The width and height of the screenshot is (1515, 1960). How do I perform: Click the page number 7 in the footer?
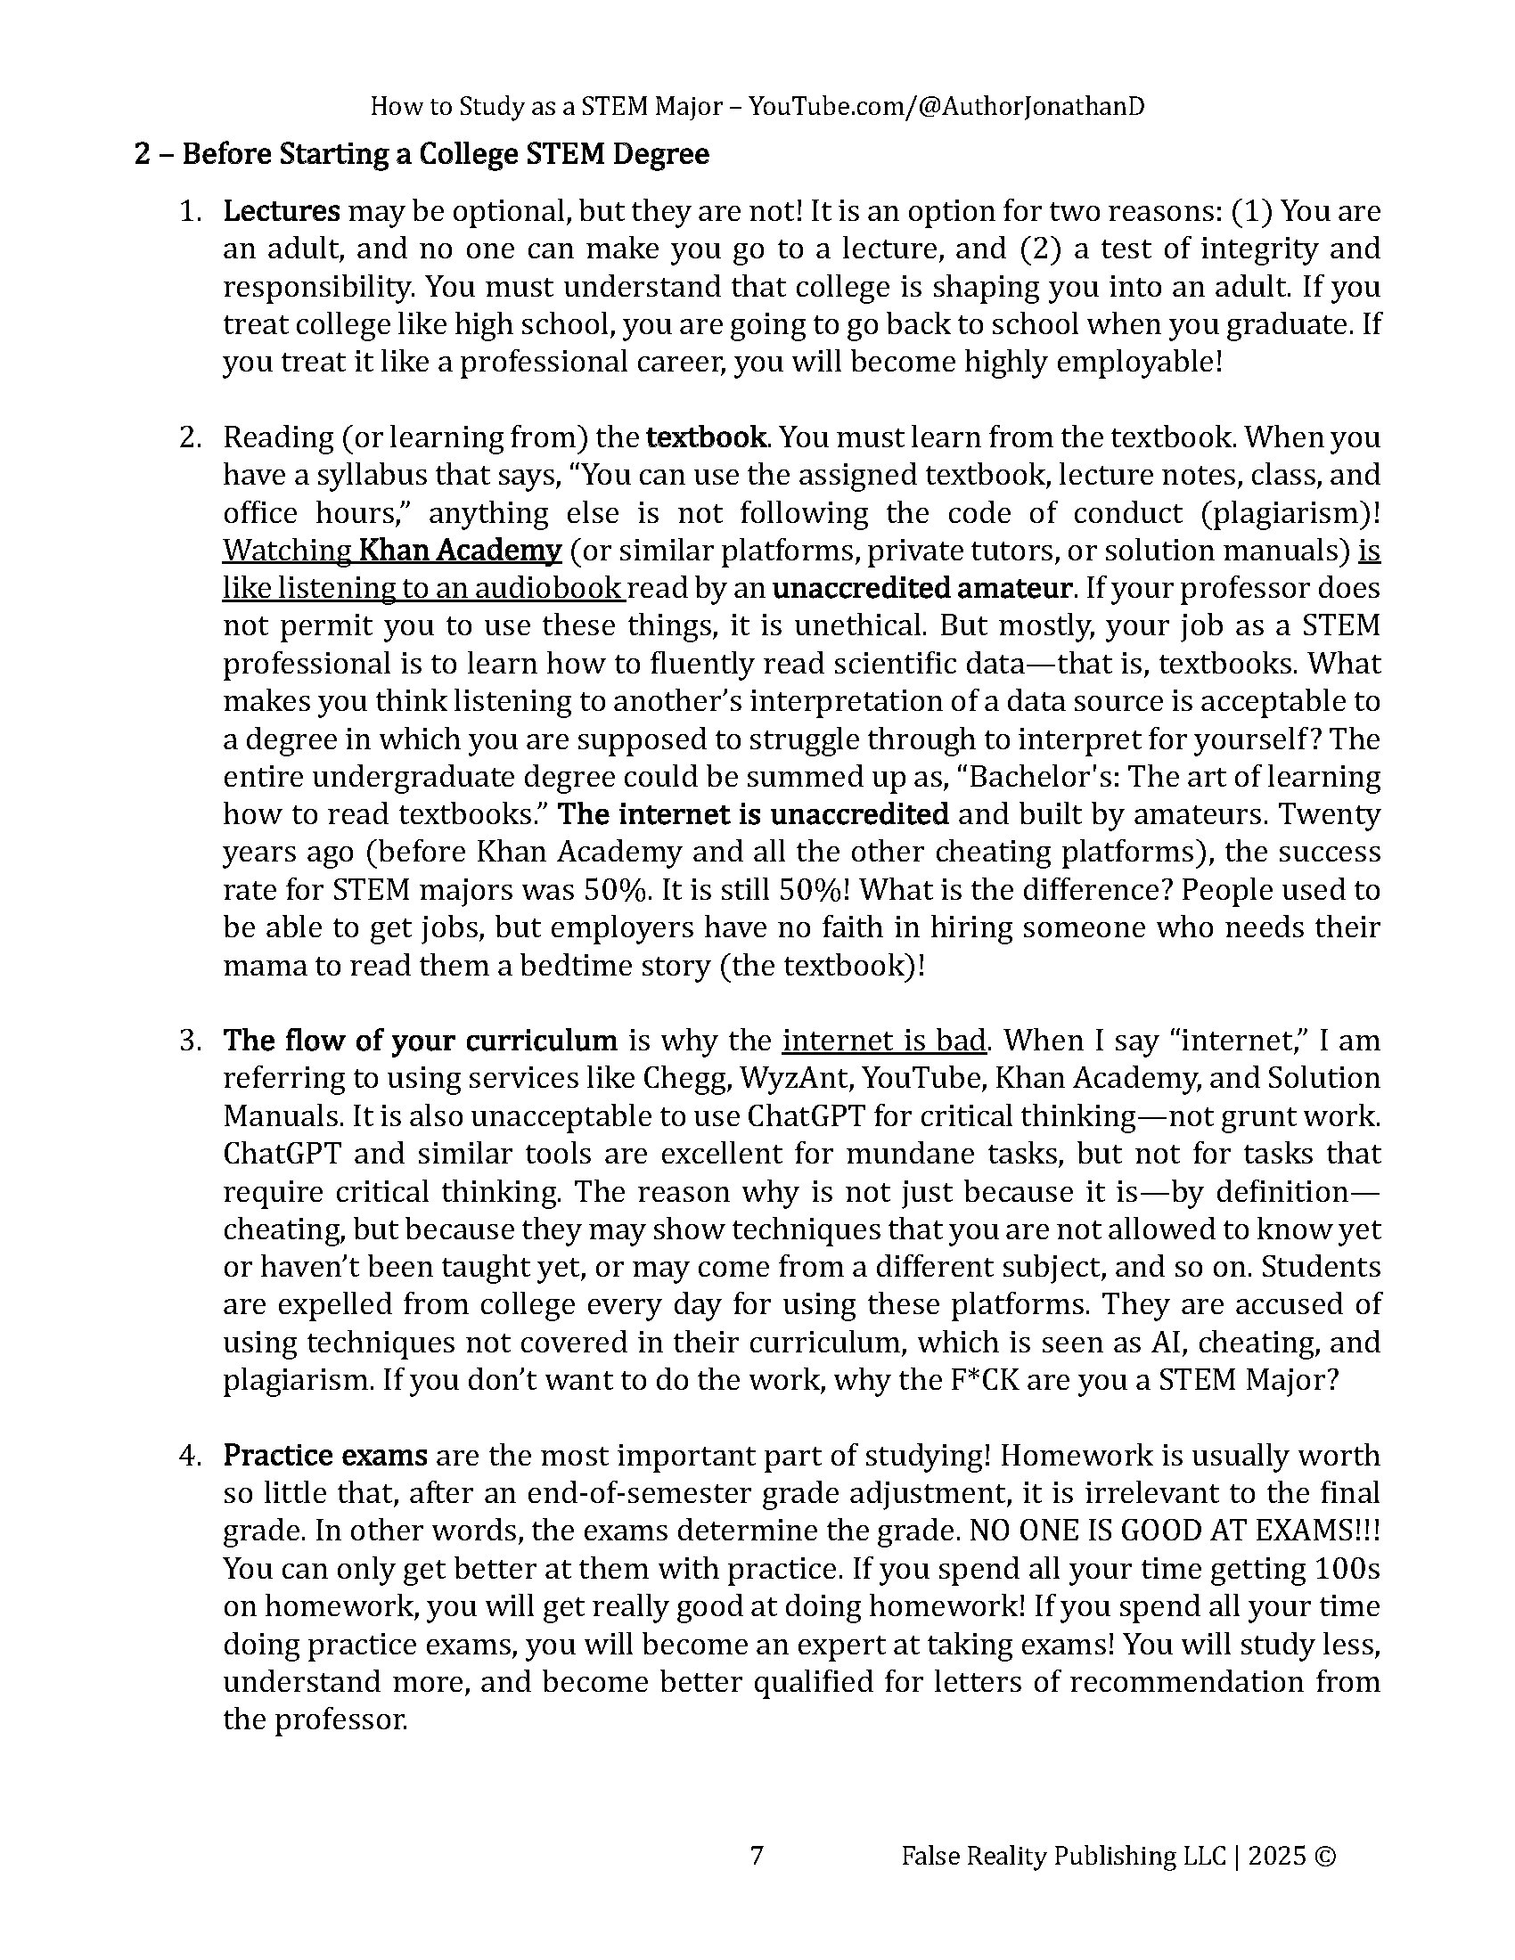[756, 1856]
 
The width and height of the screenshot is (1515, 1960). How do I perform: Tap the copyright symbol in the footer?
[1328, 1856]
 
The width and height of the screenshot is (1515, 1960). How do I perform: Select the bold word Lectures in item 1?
[281, 211]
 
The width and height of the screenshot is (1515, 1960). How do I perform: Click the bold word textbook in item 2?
[707, 437]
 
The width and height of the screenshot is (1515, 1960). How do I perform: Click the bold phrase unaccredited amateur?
[921, 588]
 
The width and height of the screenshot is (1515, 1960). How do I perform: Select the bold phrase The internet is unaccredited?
[753, 814]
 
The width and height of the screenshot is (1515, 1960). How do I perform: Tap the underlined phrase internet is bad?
[884, 1040]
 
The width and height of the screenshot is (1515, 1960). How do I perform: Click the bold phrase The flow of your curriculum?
[420, 1040]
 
